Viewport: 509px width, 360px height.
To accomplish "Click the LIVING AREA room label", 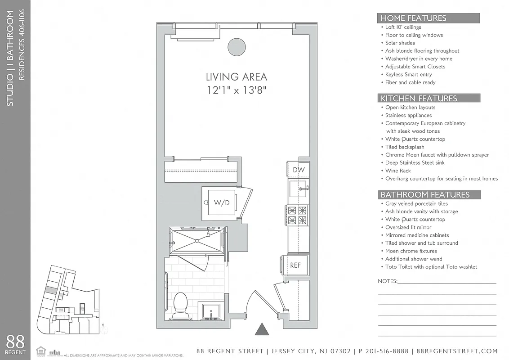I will click(x=236, y=77).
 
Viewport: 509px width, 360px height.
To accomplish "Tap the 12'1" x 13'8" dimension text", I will click(x=236, y=90).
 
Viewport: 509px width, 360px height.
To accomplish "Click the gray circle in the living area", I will click(x=237, y=46).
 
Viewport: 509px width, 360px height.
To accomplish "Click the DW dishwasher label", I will click(x=299, y=170).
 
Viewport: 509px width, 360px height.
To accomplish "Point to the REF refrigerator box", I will click(x=295, y=265).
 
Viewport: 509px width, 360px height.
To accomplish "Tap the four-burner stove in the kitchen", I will click(x=298, y=215).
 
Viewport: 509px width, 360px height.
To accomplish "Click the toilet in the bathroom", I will click(x=180, y=304).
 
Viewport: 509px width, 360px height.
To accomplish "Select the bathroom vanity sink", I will click(x=210, y=311).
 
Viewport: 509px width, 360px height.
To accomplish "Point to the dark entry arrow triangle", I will click(x=262, y=330).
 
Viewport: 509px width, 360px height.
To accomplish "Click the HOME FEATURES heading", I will click(x=413, y=18).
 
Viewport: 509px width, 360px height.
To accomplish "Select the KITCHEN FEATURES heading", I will click(x=419, y=99).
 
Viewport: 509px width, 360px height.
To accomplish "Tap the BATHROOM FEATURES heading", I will click(x=425, y=195).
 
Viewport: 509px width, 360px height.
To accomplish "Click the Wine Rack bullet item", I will click(x=398, y=171).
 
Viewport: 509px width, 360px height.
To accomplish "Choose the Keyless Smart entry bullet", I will click(x=408, y=75).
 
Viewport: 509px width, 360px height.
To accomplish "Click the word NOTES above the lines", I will click(x=387, y=281).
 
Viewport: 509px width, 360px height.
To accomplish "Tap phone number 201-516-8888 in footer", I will click(x=383, y=351).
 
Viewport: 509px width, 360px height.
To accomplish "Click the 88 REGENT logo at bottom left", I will click(x=15, y=345).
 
